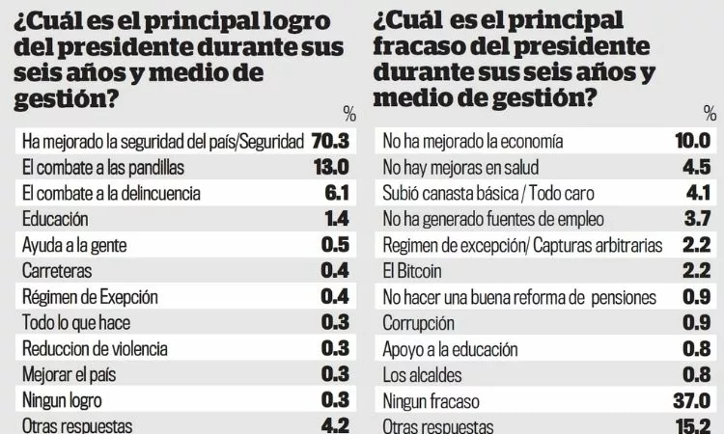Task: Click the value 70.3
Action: click(329, 141)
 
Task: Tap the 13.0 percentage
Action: click(330, 167)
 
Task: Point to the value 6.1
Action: click(335, 193)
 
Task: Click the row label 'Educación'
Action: click(55, 219)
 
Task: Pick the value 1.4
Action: click(335, 219)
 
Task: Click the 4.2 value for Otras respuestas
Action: click(335, 425)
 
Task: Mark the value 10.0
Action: click(692, 141)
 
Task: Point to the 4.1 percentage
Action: click(697, 193)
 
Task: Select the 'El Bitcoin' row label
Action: click(414, 271)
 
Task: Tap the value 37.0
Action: click(691, 400)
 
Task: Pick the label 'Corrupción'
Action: click(419, 323)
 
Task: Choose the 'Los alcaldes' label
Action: click(423, 374)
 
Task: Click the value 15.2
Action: click(692, 425)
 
